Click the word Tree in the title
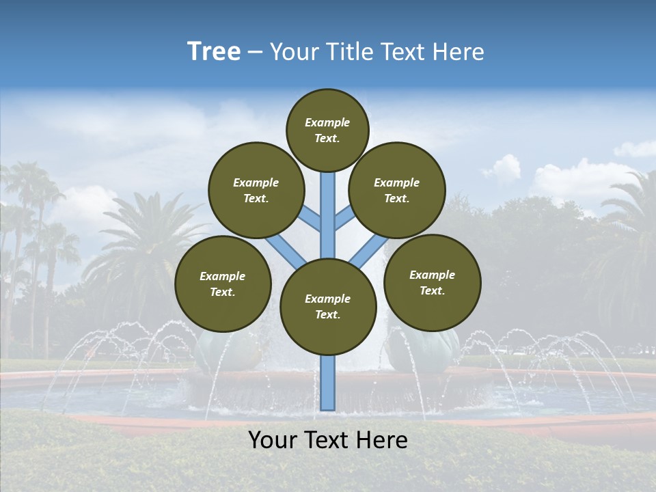pos(214,52)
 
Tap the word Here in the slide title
pos(457,52)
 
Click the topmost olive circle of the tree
pos(327,130)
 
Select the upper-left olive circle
pos(256,190)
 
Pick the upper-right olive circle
pos(397,190)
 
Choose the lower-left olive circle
pos(223,284)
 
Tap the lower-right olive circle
pos(432,282)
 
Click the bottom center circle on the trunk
pos(328,306)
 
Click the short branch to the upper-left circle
pos(311,219)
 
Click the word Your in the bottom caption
pos(273,440)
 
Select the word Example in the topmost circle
pos(327,123)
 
